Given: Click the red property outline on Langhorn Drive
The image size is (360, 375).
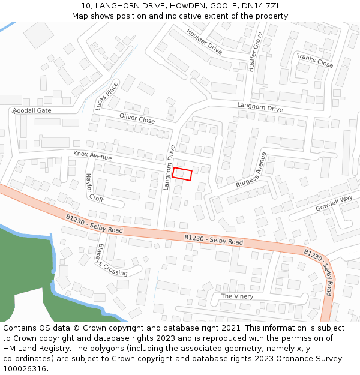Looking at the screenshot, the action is click(182, 174).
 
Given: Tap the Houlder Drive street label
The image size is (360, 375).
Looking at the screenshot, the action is click(204, 41).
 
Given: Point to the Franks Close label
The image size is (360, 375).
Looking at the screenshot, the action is click(315, 60).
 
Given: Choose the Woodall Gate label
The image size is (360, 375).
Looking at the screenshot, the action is click(31, 111).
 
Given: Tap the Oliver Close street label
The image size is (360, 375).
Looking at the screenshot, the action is click(137, 119).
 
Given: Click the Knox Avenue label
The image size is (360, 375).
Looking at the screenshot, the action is click(92, 155).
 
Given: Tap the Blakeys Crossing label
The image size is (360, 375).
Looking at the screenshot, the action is click(112, 260).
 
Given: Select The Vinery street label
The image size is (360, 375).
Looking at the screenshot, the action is click(237, 296).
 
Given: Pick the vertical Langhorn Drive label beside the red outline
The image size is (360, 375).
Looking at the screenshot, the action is click(170, 167).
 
